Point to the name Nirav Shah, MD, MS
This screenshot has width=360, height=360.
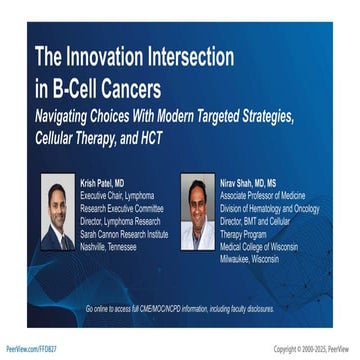(254, 183)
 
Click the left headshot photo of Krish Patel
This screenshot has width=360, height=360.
(58, 213)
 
